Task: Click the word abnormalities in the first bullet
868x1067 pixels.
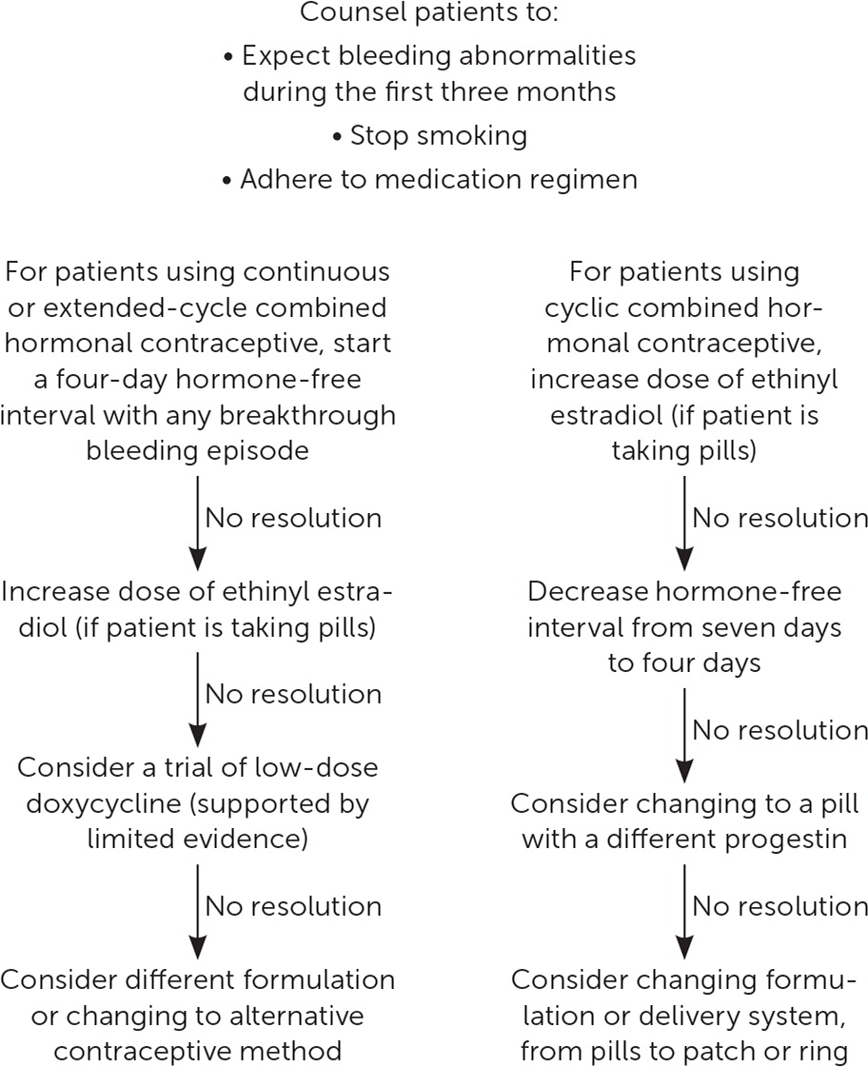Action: (x=547, y=56)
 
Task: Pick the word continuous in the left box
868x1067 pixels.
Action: (x=316, y=272)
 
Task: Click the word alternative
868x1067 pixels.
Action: (x=297, y=1016)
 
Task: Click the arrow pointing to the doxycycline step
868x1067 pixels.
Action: (x=197, y=699)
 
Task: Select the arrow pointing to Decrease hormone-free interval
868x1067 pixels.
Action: (x=684, y=523)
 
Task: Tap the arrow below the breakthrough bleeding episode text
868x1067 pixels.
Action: (x=197, y=523)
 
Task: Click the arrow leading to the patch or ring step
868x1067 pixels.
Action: (x=684, y=911)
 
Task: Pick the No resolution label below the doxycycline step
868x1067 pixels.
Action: (x=293, y=906)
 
